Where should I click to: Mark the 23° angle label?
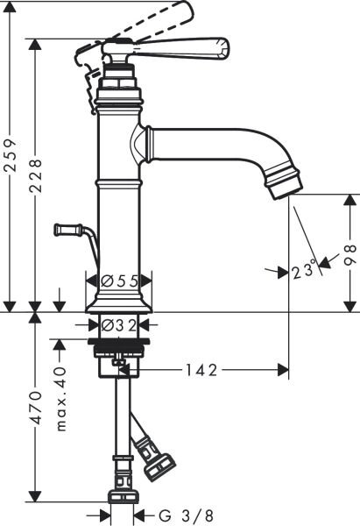(x=304, y=271)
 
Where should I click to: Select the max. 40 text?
(x=61, y=399)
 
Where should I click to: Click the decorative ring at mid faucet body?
(x=118, y=185)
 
